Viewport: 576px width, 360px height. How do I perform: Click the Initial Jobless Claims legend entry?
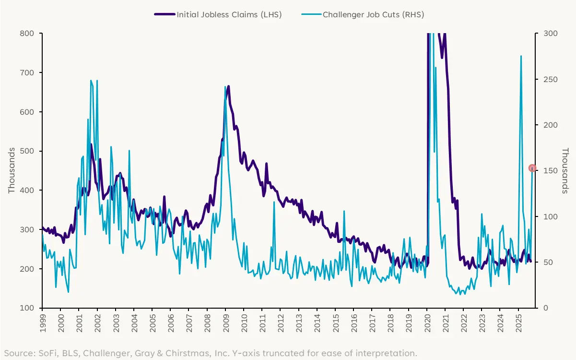218,14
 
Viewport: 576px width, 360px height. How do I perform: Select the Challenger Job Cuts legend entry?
363,14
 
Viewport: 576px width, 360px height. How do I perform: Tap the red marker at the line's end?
532,168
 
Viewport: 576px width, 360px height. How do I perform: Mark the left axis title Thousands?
12,170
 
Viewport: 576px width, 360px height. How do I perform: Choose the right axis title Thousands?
565,170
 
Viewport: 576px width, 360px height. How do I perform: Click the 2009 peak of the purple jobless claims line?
228,86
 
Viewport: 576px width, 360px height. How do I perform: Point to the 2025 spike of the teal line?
521,56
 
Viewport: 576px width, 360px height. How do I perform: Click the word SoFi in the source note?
45,353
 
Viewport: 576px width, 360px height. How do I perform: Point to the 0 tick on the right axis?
541,308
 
